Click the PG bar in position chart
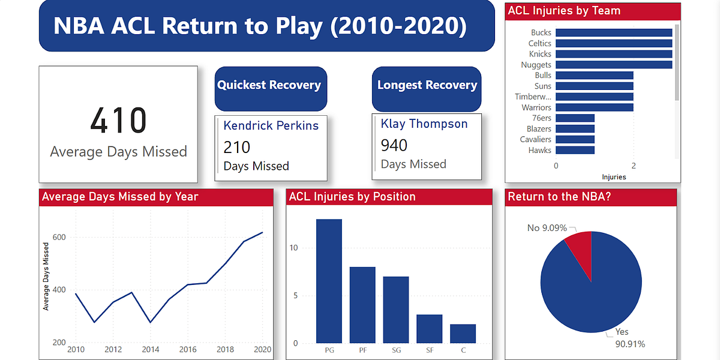coord(329,281)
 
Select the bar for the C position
coord(463,334)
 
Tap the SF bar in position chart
coord(429,329)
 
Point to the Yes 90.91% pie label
coord(629,338)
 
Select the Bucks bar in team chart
coord(614,33)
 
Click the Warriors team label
coord(536,107)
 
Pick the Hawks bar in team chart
coord(575,151)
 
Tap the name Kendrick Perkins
coord(271,125)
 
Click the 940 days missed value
coord(394,145)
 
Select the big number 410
coord(118,121)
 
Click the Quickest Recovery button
coord(269,86)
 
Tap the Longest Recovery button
coord(427,86)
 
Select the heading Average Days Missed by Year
coord(120,197)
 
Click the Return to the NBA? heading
coord(559,197)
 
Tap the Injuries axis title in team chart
coord(614,177)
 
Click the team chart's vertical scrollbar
coord(677,63)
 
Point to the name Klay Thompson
coord(424,124)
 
